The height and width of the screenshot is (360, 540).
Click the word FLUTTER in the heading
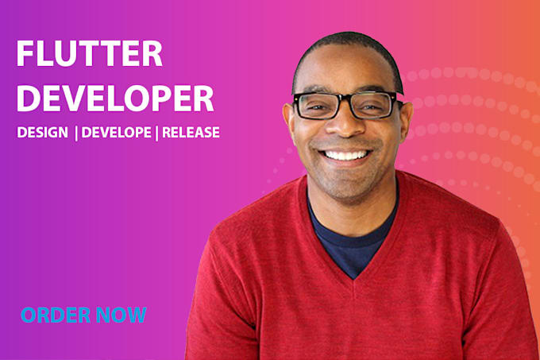(90, 55)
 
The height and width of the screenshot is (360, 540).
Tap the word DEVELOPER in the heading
(115, 98)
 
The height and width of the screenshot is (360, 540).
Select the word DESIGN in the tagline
(42, 133)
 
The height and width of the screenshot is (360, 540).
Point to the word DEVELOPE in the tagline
(118, 133)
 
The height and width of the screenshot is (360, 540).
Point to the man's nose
(345, 127)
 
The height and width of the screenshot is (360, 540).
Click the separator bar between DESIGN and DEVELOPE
(75, 133)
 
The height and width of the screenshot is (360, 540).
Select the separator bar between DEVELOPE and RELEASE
(158, 133)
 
